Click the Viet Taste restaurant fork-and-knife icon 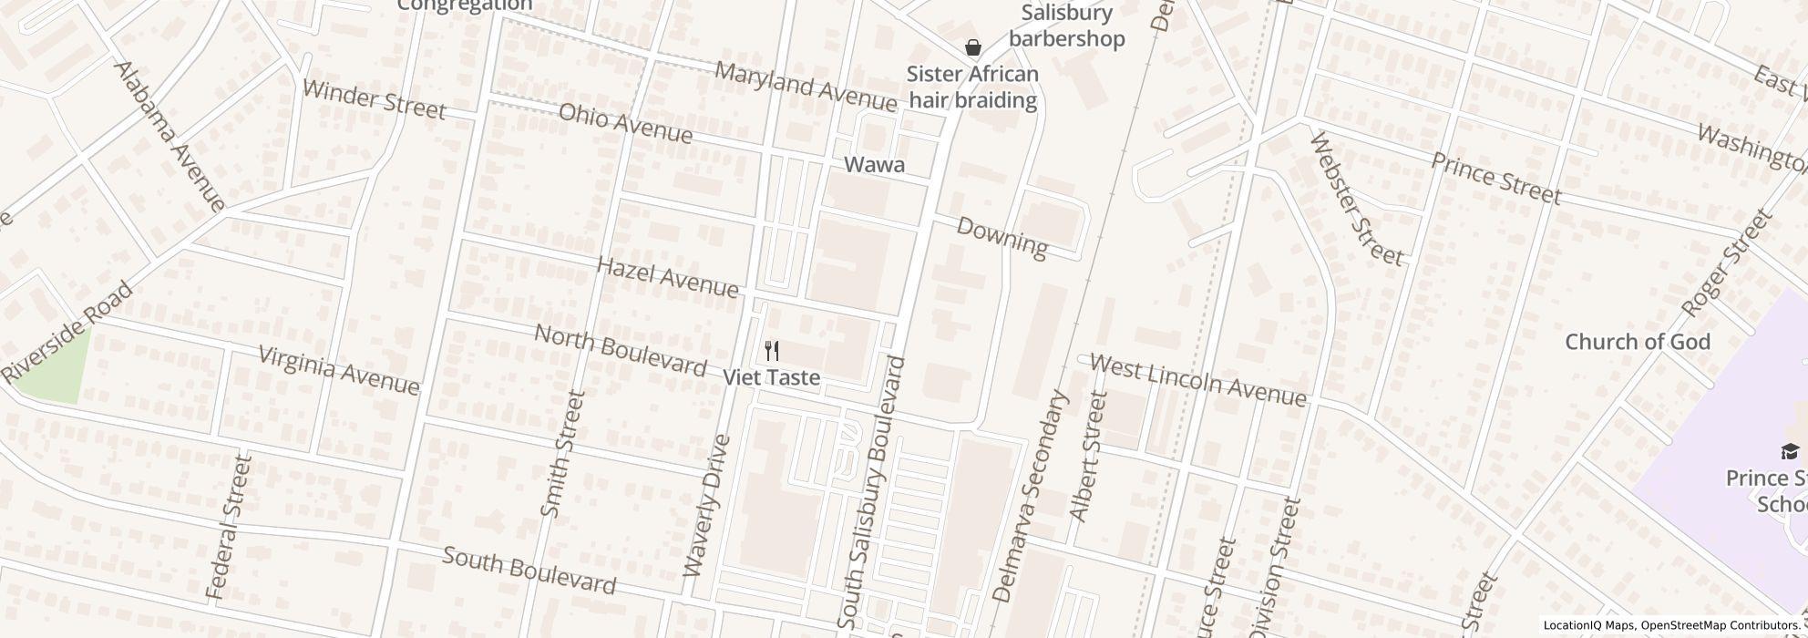[772, 351]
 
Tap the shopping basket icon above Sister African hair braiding [973, 47]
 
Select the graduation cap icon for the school [1790, 452]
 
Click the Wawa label [875, 165]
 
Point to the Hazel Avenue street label [667, 277]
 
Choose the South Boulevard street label [529, 571]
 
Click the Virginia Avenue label [339, 370]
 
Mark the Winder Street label [374, 100]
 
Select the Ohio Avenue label [625, 123]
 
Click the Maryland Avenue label [806, 85]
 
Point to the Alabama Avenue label [169, 137]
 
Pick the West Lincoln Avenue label [1197, 381]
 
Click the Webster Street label [1356, 199]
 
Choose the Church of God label [1638, 342]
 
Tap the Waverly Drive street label [707, 507]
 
